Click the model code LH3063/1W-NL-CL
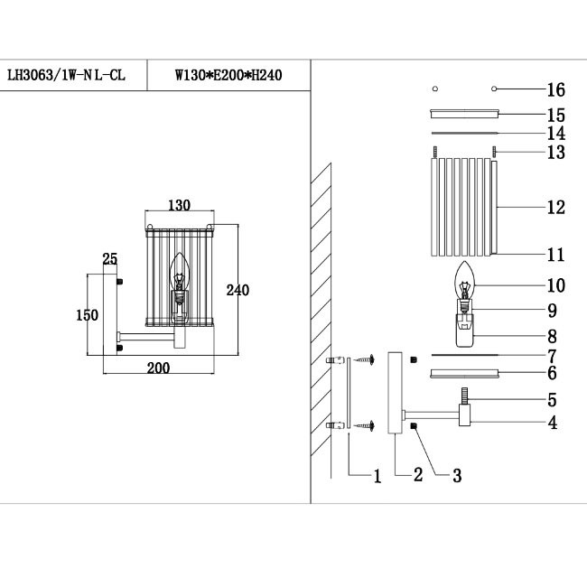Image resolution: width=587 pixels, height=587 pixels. click(x=66, y=76)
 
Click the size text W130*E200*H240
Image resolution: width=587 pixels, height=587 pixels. click(x=228, y=76)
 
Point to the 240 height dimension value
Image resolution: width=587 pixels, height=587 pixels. click(x=238, y=290)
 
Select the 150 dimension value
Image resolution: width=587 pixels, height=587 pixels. click(x=87, y=315)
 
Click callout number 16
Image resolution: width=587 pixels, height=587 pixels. click(x=555, y=89)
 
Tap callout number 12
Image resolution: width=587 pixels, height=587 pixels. click(x=555, y=207)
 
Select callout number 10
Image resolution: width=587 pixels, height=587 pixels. click(x=555, y=285)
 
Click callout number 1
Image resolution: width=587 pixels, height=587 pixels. click(x=377, y=475)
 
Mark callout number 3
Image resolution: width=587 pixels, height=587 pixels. click(x=456, y=475)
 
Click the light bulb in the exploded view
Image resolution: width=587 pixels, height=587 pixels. click(x=465, y=280)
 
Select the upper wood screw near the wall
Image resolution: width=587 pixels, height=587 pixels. click(x=366, y=360)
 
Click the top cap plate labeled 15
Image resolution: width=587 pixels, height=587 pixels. click(x=465, y=114)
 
